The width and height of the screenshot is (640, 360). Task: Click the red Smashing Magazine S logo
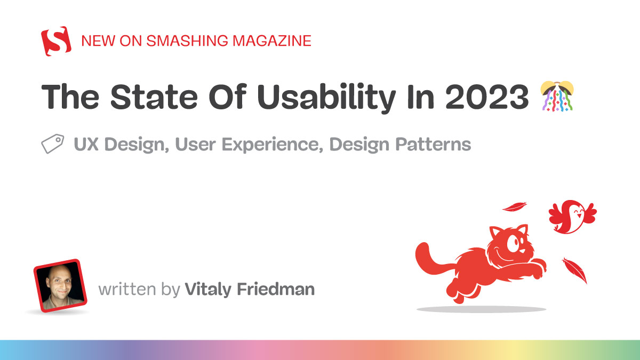(56, 41)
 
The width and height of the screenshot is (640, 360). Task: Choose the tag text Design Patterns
(400, 145)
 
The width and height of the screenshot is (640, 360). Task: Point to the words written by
(139, 289)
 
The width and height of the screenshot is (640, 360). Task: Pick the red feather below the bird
(575, 270)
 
